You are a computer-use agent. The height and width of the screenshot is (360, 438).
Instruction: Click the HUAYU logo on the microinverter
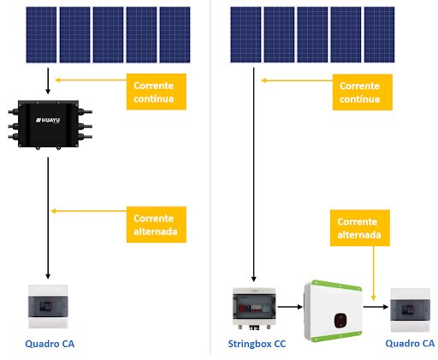(48, 120)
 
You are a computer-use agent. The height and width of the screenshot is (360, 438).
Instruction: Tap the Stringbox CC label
(257, 344)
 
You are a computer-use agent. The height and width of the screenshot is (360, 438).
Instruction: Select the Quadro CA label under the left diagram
(50, 344)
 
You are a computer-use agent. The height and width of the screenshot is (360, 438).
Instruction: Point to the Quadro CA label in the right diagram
(410, 343)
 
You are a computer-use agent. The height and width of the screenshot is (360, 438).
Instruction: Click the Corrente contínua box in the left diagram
(157, 91)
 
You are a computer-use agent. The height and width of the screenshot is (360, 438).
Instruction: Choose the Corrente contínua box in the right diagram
(363, 92)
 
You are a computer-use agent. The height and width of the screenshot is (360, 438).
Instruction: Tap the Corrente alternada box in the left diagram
(157, 225)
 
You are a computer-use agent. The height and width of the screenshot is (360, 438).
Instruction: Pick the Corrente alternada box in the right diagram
(360, 227)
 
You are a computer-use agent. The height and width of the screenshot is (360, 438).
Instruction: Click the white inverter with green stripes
(333, 311)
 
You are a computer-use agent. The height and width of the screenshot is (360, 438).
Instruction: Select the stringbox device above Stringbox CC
(254, 309)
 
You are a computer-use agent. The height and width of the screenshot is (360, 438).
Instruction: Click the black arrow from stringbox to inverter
(290, 307)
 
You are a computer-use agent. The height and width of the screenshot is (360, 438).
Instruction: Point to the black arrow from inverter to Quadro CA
(376, 307)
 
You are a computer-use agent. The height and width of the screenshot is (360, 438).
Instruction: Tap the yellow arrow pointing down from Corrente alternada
(373, 274)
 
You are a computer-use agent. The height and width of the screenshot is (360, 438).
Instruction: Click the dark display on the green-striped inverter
(340, 321)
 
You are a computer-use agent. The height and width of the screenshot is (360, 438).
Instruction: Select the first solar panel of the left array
(41, 35)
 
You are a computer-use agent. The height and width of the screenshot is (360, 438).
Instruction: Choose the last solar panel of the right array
(380, 35)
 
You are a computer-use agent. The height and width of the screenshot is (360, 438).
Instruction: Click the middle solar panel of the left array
(108, 35)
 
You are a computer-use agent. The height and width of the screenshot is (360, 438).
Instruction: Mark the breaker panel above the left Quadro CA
(48, 307)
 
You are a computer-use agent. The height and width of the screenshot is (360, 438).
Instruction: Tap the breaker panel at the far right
(410, 310)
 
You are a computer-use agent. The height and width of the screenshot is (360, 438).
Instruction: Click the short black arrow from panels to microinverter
(48, 81)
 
